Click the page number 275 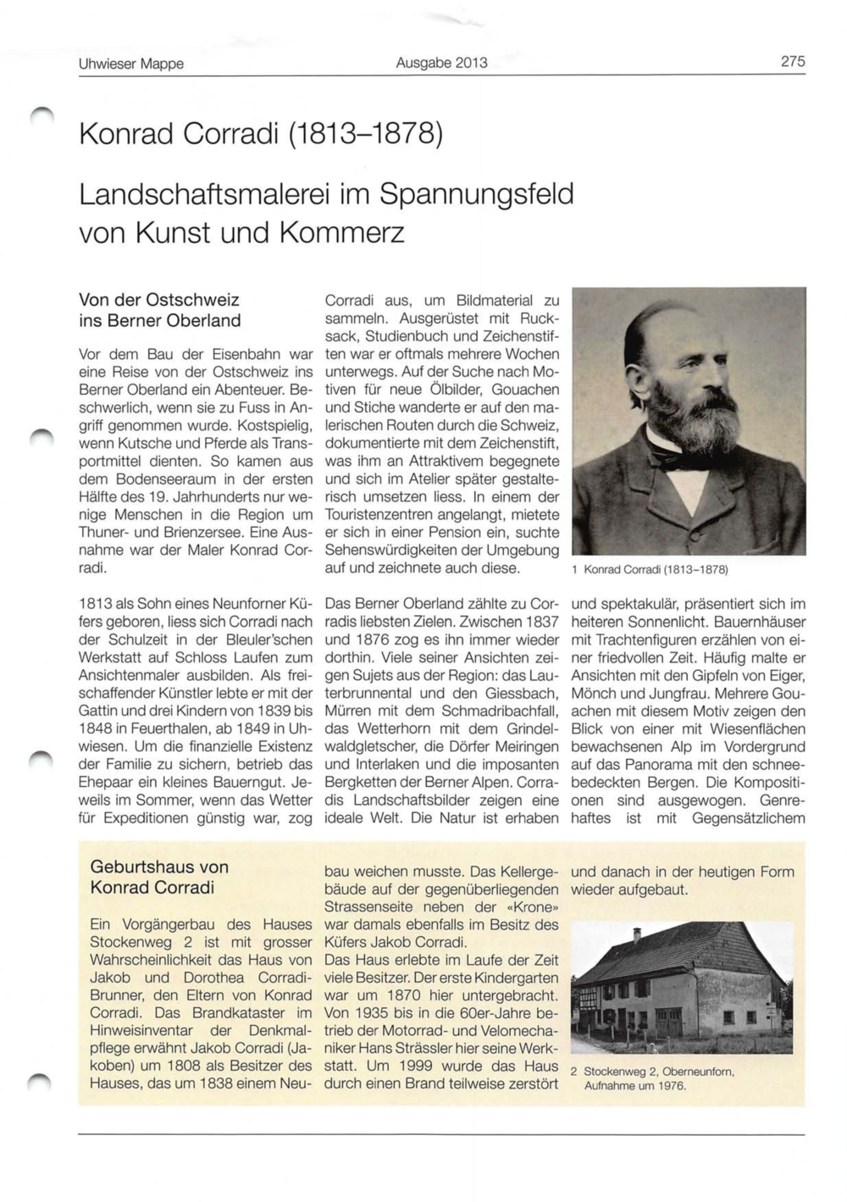[x=793, y=62]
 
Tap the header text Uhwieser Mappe [x=130, y=64]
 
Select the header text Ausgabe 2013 [x=441, y=63]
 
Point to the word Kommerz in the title [x=344, y=232]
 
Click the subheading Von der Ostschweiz [x=158, y=300]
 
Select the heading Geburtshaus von [x=159, y=867]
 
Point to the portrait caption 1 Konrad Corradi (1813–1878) [x=650, y=570]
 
